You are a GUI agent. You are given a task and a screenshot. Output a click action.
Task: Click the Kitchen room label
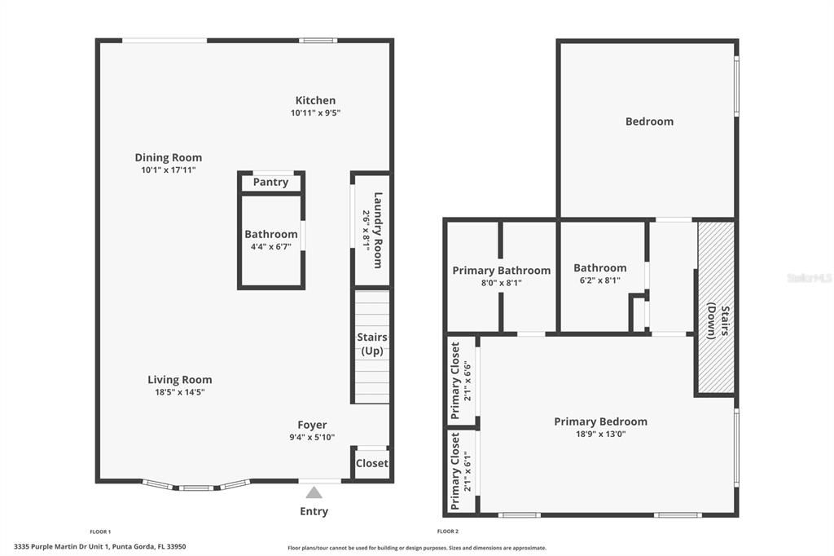(x=315, y=100)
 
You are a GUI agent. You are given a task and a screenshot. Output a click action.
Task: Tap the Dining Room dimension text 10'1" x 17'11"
(x=169, y=170)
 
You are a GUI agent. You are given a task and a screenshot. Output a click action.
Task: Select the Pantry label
(x=270, y=182)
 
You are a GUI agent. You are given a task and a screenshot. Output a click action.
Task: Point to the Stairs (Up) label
(x=372, y=344)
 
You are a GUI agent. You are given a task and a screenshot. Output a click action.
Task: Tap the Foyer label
(x=312, y=425)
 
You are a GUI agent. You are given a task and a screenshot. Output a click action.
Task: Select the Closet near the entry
(x=372, y=463)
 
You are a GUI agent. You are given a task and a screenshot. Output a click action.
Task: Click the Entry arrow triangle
(x=314, y=492)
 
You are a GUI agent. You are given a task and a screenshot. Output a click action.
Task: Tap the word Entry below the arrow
(x=314, y=511)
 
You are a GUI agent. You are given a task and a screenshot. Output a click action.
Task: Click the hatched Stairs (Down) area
(x=717, y=307)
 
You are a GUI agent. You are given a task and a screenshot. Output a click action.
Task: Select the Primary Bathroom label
(x=501, y=270)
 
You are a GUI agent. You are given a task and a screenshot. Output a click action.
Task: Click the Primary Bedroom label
(x=600, y=421)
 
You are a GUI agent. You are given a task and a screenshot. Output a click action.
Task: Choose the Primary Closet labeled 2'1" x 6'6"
(x=461, y=381)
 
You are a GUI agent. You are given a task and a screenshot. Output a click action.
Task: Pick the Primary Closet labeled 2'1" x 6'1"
(x=461, y=471)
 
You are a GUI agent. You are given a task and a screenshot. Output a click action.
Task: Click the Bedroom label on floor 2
(x=649, y=121)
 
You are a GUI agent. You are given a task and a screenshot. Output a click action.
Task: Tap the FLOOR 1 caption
(x=100, y=532)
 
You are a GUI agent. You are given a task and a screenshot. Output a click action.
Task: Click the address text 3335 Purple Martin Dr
(x=99, y=546)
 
